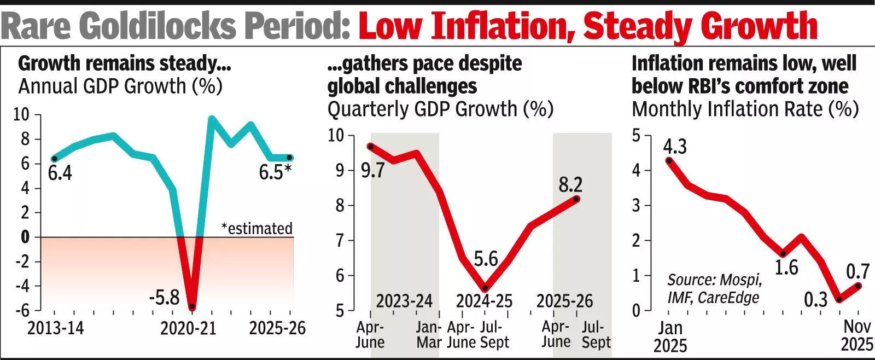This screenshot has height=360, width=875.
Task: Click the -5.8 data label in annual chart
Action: (165, 298)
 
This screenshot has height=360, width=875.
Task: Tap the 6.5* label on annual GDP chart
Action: (275, 172)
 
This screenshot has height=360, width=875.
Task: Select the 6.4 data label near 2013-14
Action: (60, 173)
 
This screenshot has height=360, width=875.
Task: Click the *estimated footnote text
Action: (257, 228)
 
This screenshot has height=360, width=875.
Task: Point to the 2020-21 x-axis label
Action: (189, 328)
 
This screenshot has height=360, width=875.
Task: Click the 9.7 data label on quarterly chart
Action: (373, 170)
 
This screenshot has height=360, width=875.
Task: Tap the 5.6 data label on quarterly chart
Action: (486, 258)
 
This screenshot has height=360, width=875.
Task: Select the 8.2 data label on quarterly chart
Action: (570, 184)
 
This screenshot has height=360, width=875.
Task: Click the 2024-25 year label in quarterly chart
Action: (485, 301)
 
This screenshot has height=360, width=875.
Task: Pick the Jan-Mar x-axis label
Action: (429, 335)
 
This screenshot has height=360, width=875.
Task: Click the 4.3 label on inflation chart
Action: (675, 147)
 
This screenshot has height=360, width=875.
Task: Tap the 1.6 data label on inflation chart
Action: (786, 268)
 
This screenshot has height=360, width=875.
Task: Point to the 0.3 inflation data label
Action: (815, 300)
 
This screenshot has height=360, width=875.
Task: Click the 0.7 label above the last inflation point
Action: (857, 271)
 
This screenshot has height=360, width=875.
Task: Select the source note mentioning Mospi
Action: (714, 288)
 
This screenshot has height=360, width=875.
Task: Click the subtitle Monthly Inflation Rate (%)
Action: (745, 109)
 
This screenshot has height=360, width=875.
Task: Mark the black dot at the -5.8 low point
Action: (192, 307)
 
